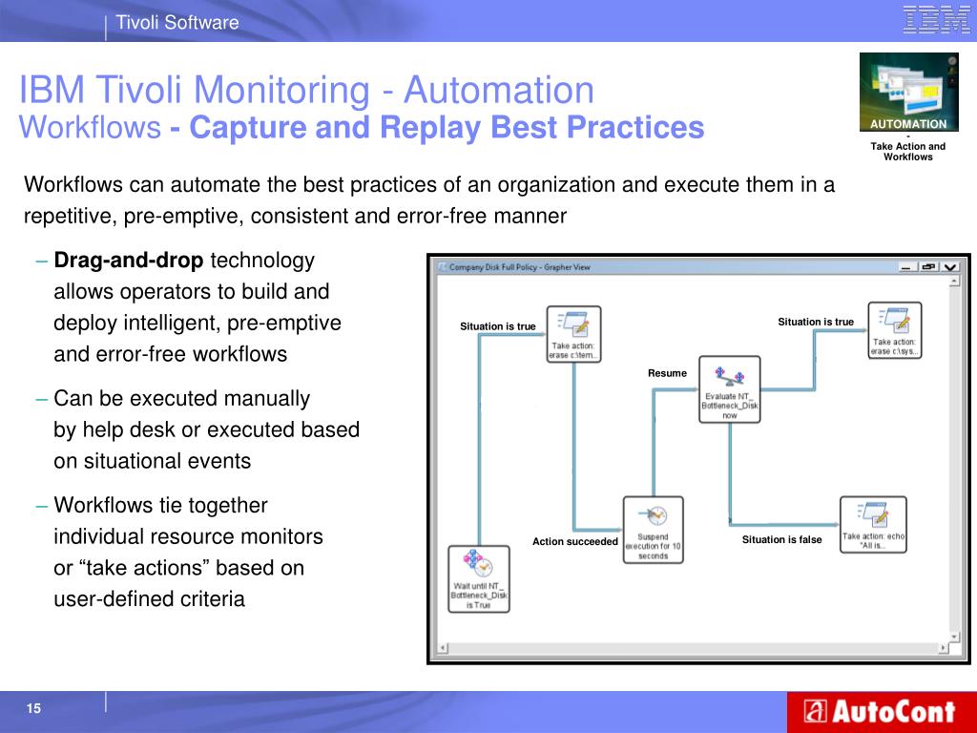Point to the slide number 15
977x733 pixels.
pos(34,708)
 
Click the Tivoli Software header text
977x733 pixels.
pos(177,22)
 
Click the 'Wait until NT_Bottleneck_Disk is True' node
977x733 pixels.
pos(479,578)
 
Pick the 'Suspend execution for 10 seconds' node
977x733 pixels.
pos(654,530)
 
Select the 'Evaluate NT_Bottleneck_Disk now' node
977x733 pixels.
pos(729,388)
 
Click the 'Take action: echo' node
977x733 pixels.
pos(873,524)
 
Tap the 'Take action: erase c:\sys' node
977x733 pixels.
pos(894,329)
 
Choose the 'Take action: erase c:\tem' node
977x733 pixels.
pos(573,333)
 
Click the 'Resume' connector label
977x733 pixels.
pos(667,373)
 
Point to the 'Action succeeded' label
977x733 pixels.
pos(575,542)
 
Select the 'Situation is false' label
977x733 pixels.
pos(781,540)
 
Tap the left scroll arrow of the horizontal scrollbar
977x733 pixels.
pos(442,649)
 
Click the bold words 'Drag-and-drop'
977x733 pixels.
pos(129,261)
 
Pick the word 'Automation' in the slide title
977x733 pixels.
pos(498,91)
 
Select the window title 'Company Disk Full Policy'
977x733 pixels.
pos(495,267)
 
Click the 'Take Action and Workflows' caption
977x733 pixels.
pos(907,152)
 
